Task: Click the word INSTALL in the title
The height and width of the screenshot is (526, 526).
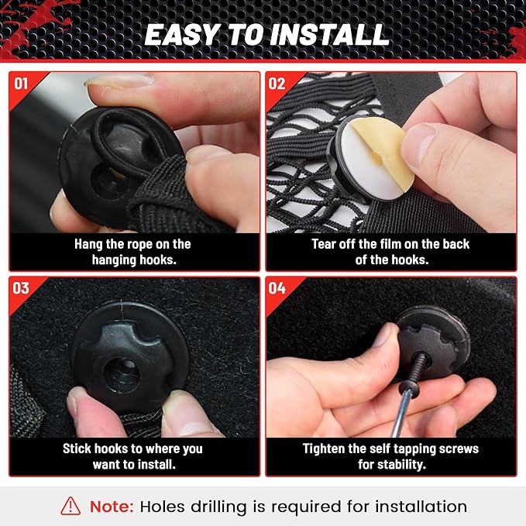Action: (x=330, y=35)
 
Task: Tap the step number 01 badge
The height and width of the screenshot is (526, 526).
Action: (x=21, y=84)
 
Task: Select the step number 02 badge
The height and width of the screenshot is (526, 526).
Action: (x=277, y=84)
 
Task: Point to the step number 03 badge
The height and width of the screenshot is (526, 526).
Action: (x=21, y=288)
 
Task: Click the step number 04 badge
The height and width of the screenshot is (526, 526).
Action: (x=277, y=288)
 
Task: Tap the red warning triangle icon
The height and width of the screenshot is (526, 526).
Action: (x=70, y=506)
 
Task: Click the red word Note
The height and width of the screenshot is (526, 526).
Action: (x=112, y=507)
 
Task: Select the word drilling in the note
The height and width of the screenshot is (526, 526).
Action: (x=218, y=507)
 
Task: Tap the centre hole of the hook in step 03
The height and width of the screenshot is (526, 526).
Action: (x=122, y=375)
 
